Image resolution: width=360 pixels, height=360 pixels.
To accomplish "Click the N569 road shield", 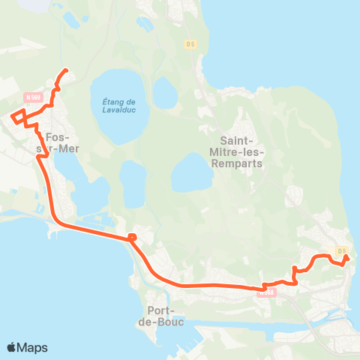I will pyautogui.click(x=31, y=97).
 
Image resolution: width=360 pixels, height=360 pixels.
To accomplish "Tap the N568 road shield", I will pyautogui.click(x=264, y=292).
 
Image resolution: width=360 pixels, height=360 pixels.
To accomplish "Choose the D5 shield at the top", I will pyautogui.click(x=190, y=44).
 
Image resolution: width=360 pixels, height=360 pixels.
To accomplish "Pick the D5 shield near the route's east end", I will pyautogui.click(x=342, y=250).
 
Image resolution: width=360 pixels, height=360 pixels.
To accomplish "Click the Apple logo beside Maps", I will pyautogui.click(x=12, y=348).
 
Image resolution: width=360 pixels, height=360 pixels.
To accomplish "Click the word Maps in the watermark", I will pyautogui.click(x=33, y=348).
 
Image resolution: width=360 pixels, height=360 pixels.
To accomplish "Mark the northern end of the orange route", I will pyautogui.click(x=66, y=70).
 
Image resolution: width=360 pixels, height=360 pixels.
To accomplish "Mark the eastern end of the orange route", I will pyautogui.click(x=346, y=257).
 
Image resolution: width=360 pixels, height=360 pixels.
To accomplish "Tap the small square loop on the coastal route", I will pyautogui.click(x=132, y=238).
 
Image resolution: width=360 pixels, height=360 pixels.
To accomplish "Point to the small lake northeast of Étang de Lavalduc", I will pyautogui.click(x=164, y=92).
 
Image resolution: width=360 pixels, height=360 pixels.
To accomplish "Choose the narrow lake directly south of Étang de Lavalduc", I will pyautogui.click(x=133, y=184).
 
